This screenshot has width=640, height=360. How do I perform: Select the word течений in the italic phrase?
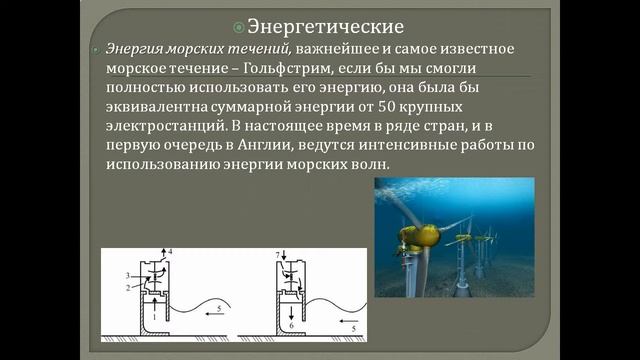click(x=248, y=49)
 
